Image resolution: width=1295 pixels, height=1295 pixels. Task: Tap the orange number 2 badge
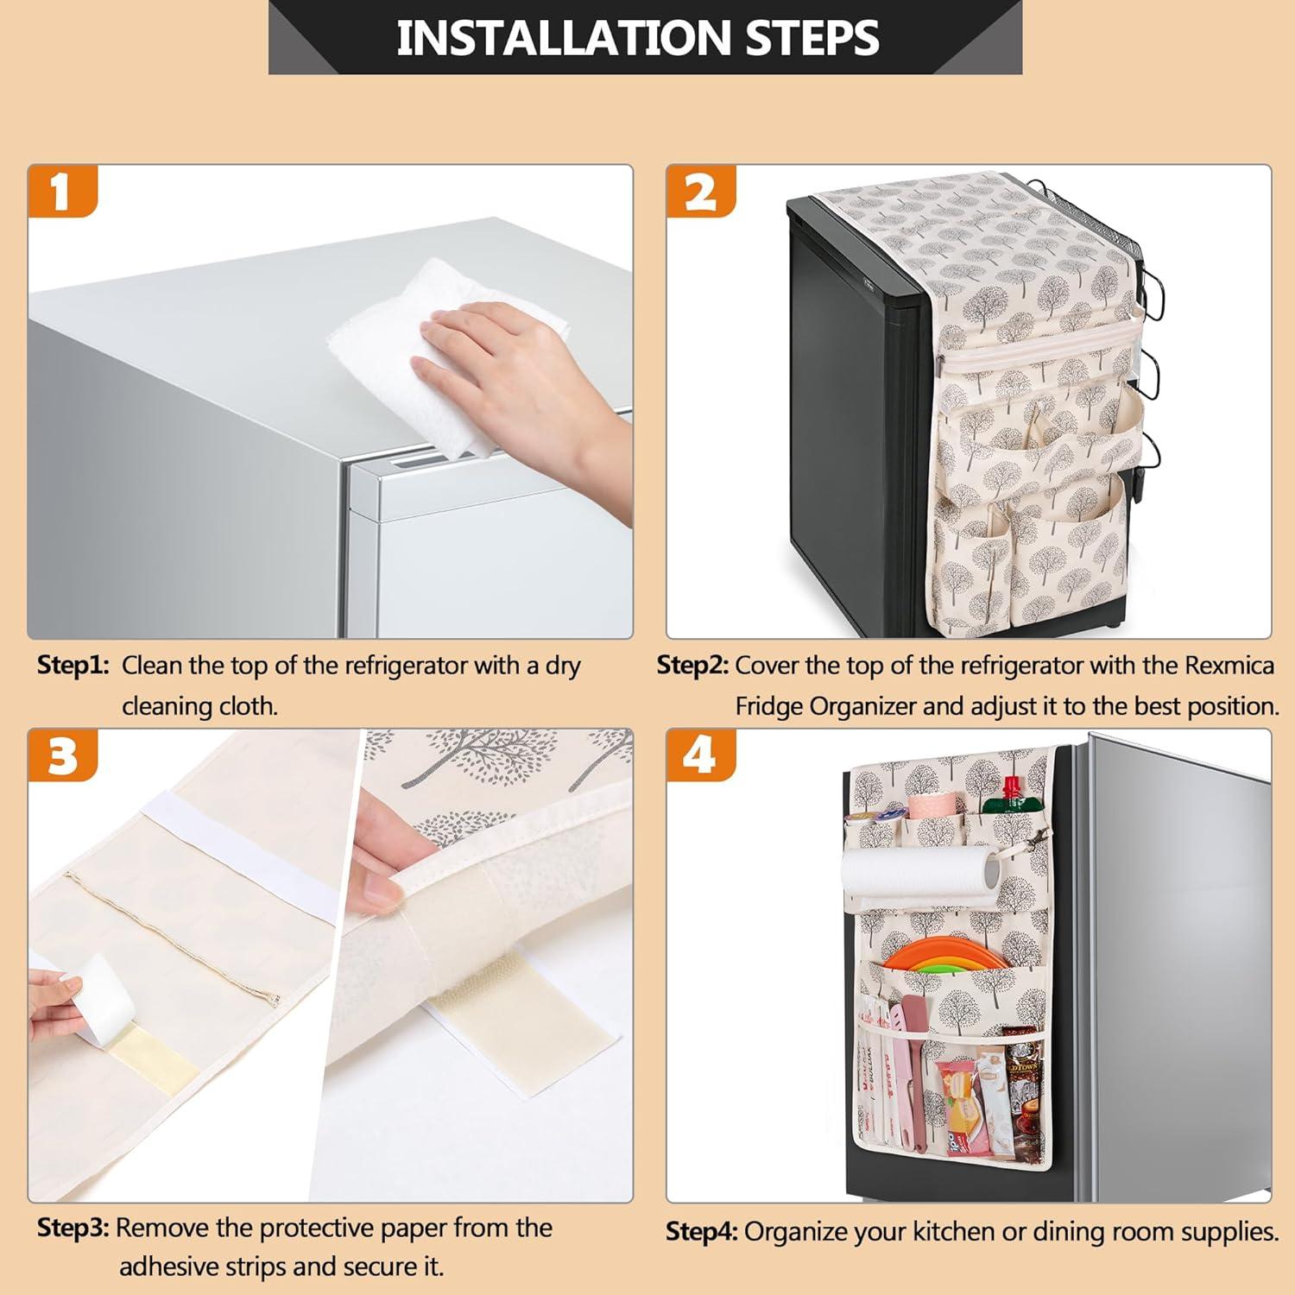click(x=700, y=191)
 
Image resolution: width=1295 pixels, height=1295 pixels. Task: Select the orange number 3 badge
click(x=62, y=755)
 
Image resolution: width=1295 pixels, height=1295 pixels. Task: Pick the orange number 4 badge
click(x=700, y=755)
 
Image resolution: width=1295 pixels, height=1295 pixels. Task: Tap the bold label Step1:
click(x=73, y=666)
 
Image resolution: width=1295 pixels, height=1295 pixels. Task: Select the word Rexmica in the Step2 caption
click(x=1229, y=666)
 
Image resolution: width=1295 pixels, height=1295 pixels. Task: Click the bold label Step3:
click(x=73, y=1228)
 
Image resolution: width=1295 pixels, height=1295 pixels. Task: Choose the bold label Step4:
click(x=701, y=1231)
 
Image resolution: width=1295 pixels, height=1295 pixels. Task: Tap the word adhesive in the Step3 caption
click(x=169, y=1267)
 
